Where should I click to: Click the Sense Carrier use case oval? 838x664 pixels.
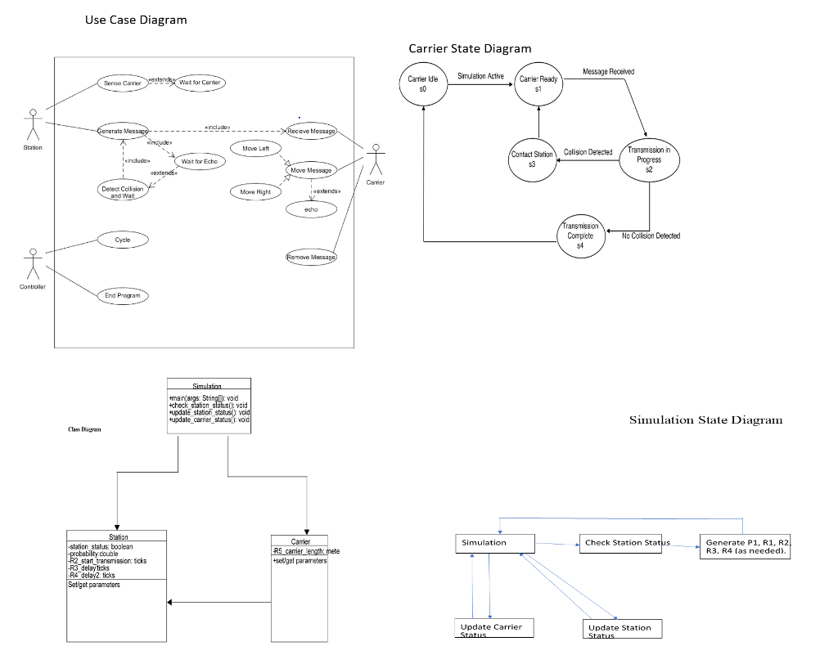(x=122, y=83)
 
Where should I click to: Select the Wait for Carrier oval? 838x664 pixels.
(x=200, y=83)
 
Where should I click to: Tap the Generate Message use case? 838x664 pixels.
(x=124, y=131)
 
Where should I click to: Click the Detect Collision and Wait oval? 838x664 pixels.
(x=122, y=192)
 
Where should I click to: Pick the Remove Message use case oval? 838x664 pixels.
(x=311, y=257)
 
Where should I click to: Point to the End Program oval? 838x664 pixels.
(x=123, y=295)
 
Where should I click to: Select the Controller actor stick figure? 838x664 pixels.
(x=33, y=263)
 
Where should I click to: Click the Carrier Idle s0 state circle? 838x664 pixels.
(x=423, y=83)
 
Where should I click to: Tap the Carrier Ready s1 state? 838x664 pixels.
(x=538, y=83)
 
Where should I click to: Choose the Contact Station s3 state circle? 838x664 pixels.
(x=532, y=159)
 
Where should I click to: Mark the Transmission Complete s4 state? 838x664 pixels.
(x=580, y=236)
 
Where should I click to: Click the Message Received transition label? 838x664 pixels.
(x=608, y=72)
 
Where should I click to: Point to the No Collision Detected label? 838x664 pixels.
(x=651, y=236)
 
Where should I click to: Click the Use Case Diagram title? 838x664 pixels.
(x=136, y=20)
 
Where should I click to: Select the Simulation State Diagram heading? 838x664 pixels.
(x=705, y=420)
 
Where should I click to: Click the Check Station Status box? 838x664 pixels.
(x=627, y=543)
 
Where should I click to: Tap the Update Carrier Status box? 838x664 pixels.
(x=492, y=629)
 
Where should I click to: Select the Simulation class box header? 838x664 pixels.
(x=209, y=385)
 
